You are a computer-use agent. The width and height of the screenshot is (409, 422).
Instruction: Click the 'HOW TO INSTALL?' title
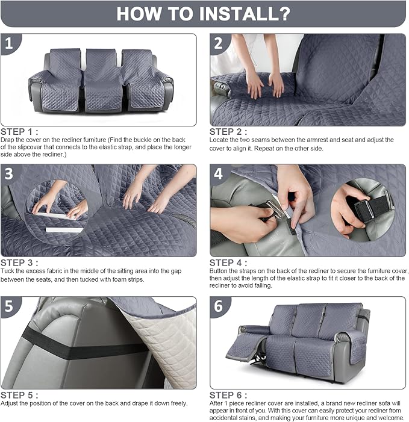click(204, 13)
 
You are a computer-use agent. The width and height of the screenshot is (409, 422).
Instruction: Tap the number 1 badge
click(8, 43)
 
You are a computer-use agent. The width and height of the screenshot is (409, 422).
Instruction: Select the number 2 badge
click(218, 43)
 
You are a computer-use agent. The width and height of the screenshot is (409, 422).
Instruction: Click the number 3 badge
click(8, 175)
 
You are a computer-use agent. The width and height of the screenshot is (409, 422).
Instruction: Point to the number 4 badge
click(218, 175)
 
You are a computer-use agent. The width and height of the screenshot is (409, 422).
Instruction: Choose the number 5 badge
click(8, 306)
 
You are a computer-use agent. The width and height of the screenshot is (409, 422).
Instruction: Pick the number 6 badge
click(218, 306)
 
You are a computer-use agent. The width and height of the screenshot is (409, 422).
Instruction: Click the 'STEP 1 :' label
click(20, 131)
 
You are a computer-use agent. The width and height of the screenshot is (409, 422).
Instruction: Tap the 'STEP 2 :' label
click(229, 131)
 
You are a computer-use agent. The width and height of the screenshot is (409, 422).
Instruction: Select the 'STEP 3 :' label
click(20, 262)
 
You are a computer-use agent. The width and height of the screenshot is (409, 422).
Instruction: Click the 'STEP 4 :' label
click(229, 262)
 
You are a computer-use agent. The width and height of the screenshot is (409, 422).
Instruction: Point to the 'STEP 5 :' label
click(20, 395)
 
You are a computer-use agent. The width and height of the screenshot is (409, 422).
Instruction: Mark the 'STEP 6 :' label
click(229, 395)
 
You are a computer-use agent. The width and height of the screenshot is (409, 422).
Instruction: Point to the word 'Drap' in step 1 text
click(8, 140)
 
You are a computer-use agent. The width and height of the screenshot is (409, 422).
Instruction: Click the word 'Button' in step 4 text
click(219, 271)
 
